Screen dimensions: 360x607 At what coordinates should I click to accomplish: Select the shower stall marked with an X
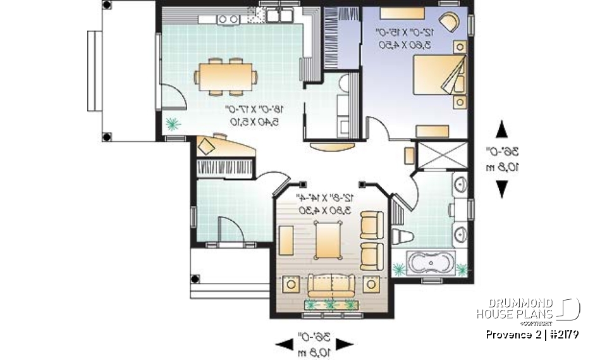tap(443, 156)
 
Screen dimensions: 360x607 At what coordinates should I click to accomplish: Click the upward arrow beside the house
tap(502, 130)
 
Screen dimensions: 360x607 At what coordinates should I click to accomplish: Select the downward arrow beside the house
tap(502, 189)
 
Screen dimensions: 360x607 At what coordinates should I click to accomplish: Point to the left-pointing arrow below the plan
tap(283, 344)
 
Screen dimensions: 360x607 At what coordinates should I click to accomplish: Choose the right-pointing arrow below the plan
tap(343, 344)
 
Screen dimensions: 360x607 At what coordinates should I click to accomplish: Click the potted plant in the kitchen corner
tap(172, 124)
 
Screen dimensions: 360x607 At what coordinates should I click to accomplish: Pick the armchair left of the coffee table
tap(286, 240)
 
